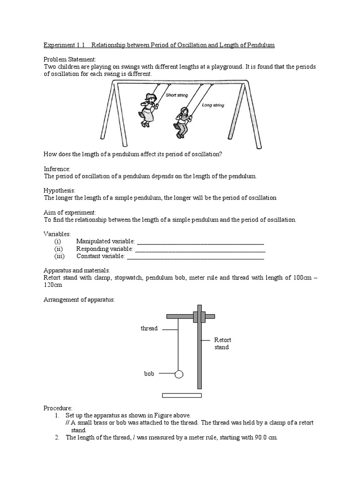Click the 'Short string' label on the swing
click(177, 95)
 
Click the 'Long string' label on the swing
click(213, 105)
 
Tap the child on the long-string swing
click(181, 122)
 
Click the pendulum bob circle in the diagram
click(179, 375)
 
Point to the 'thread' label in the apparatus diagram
click(149, 328)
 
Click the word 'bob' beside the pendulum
click(149, 374)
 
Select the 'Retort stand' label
click(222, 343)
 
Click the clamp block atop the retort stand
click(199, 316)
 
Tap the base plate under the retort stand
click(181, 395)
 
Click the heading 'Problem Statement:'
click(70, 59)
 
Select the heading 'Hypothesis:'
click(59, 190)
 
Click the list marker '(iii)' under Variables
click(59, 256)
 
